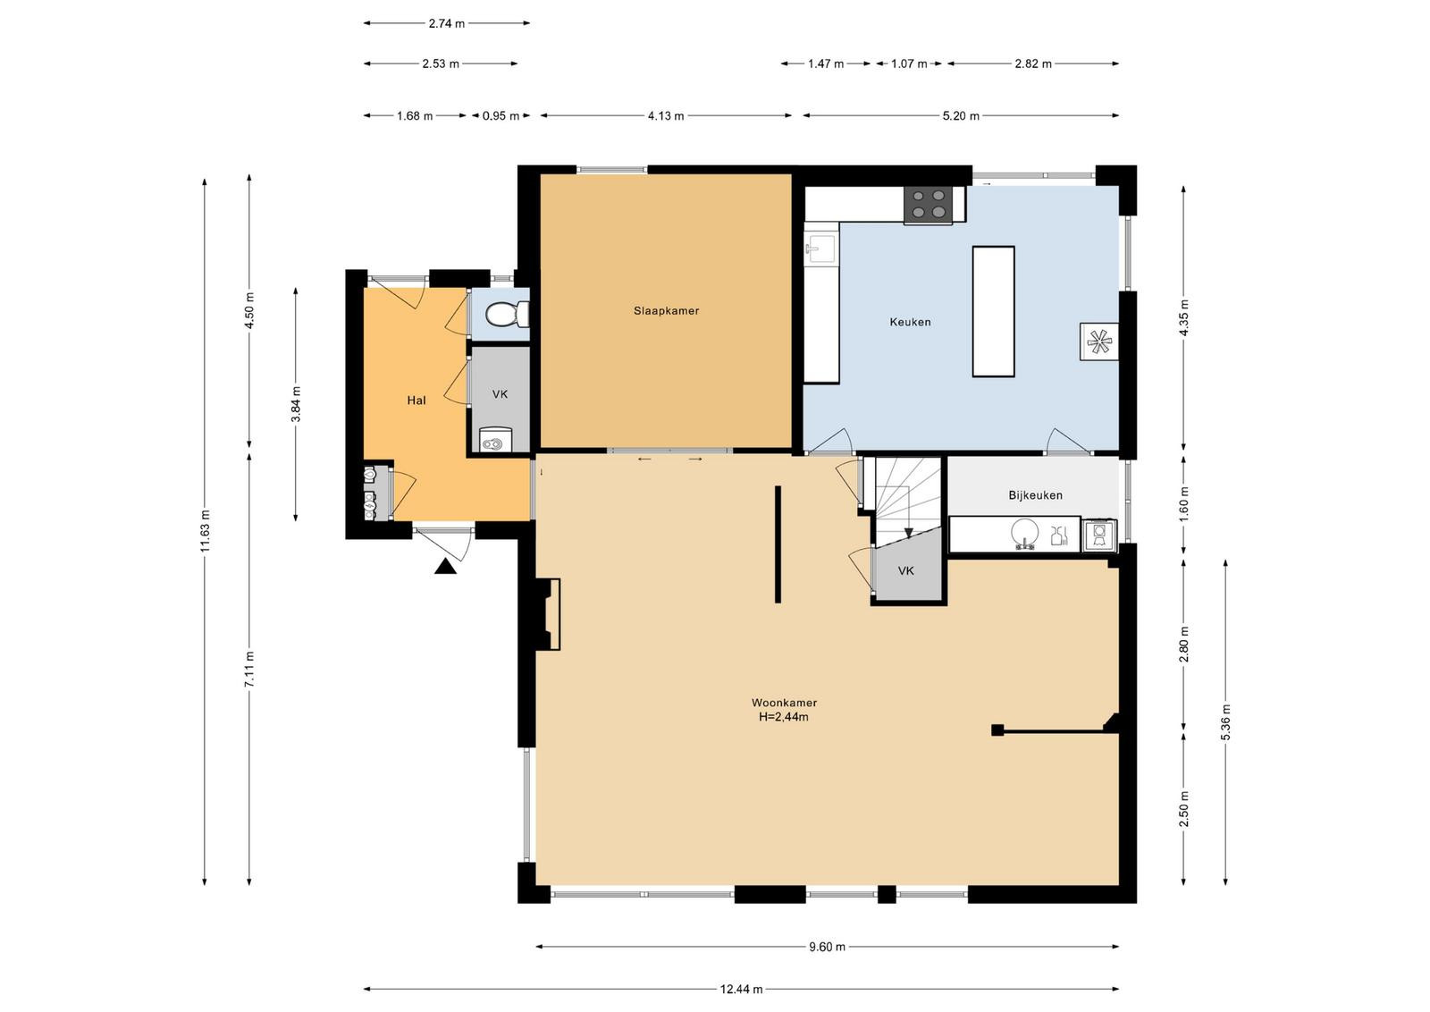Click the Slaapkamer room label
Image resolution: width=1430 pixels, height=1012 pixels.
[666, 311]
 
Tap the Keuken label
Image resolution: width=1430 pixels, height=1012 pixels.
[910, 322]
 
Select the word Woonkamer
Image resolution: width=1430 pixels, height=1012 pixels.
[784, 703]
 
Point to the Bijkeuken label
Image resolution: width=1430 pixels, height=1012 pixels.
[1036, 495]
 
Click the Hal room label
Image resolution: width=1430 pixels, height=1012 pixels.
[416, 401]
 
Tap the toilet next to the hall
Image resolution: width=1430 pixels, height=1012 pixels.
[507, 314]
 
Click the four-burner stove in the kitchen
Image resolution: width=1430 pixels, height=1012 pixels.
[929, 205]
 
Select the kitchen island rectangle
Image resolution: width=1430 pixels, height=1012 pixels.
[993, 312]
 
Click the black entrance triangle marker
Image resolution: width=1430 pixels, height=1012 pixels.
[445, 566]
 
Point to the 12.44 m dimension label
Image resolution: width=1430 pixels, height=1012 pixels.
[741, 989]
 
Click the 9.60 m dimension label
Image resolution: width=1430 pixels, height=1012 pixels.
[827, 947]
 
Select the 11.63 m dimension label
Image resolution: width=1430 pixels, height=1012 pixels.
[205, 531]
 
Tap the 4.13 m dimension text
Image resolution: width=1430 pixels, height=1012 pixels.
[666, 115]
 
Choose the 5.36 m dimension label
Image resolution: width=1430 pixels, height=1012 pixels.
[1225, 722]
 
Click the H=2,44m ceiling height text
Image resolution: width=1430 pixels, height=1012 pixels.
[783, 717]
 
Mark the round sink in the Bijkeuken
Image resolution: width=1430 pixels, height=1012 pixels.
[1025, 534]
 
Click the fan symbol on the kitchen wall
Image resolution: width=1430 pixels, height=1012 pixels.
[1098, 342]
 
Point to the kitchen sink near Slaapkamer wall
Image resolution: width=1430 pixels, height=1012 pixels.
[820, 249]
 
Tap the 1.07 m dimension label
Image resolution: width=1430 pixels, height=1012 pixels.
[909, 63]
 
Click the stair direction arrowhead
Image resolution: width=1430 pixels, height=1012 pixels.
[908, 533]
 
